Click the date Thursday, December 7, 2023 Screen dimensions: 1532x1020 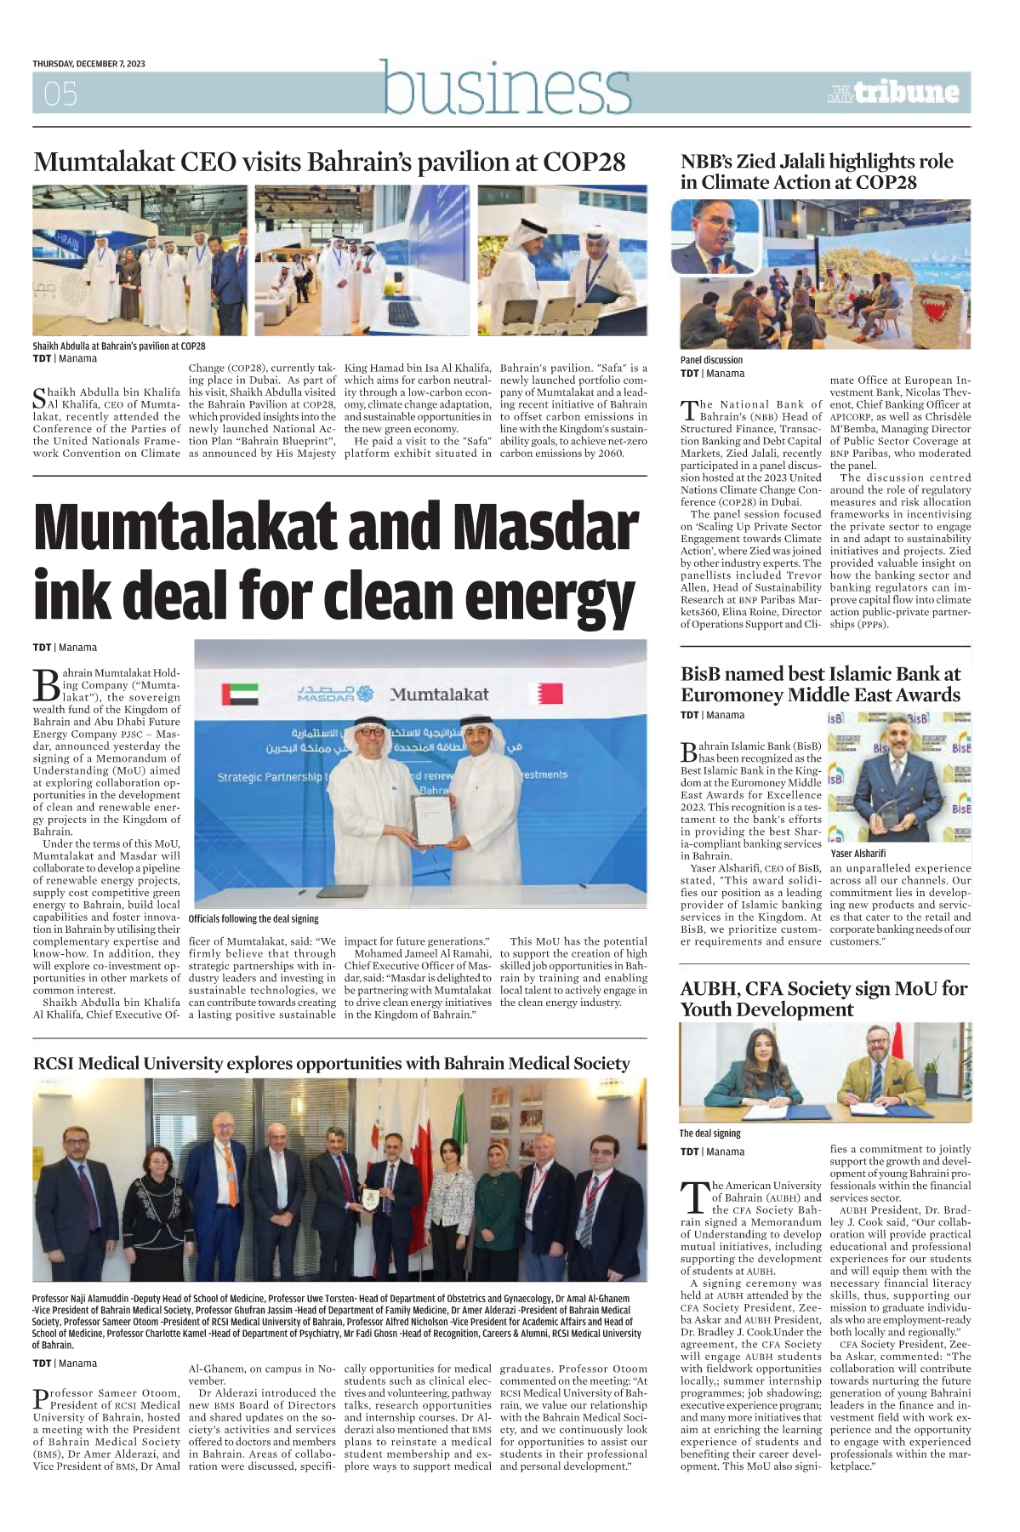point(88,64)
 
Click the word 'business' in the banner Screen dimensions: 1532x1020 point(506,89)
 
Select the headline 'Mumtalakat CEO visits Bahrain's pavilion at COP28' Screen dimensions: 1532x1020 point(329,162)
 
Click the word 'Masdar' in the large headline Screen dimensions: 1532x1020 point(545,528)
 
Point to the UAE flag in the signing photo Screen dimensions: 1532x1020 point(239,694)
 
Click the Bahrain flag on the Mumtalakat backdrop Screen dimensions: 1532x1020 point(545,693)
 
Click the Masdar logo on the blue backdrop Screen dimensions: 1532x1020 point(334,694)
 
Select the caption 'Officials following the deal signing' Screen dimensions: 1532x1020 point(254,919)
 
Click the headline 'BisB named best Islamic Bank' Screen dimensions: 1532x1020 point(820,684)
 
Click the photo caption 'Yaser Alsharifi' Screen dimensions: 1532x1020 point(858,853)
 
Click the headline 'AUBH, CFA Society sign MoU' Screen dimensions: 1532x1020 point(823,998)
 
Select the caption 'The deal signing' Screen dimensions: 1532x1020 point(709,1134)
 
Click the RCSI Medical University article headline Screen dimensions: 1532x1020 point(331,1064)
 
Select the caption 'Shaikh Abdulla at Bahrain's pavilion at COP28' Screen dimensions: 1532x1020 point(119,346)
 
